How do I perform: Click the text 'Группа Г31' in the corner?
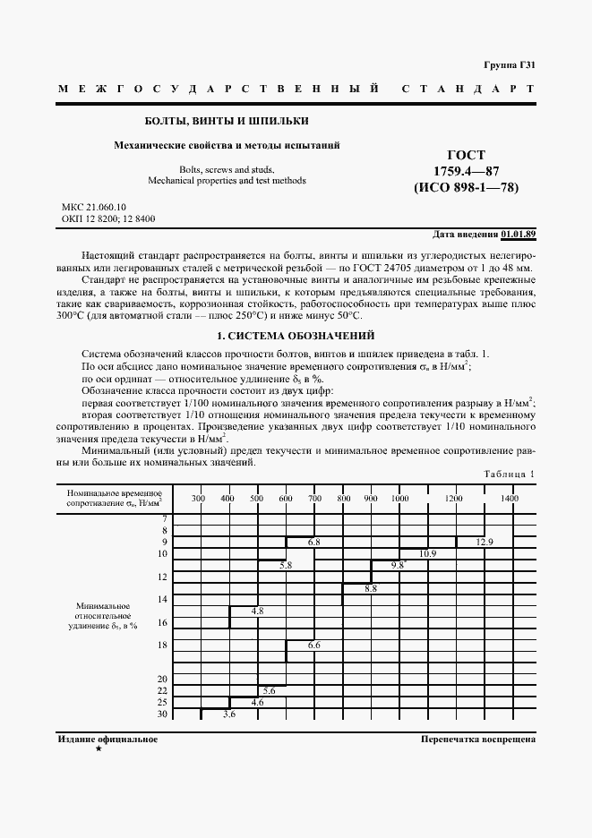(x=510, y=65)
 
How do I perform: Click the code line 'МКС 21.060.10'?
(x=94, y=207)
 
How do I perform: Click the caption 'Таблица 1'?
(x=509, y=474)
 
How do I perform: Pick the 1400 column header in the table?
(x=509, y=498)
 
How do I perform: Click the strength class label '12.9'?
(x=484, y=543)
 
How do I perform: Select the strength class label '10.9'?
(x=427, y=554)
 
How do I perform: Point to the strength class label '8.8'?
(x=371, y=588)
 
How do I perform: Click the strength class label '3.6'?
(x=228, y=714)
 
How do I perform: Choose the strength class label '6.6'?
(x=313, y=646)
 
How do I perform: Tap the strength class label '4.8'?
(x=257, y=611)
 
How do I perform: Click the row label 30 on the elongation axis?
(x=162, y=714)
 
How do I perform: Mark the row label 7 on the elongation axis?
(x=164, y=519)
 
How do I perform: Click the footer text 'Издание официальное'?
(x=107, y=740)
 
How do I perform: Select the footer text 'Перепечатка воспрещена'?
(x=477, y=740)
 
